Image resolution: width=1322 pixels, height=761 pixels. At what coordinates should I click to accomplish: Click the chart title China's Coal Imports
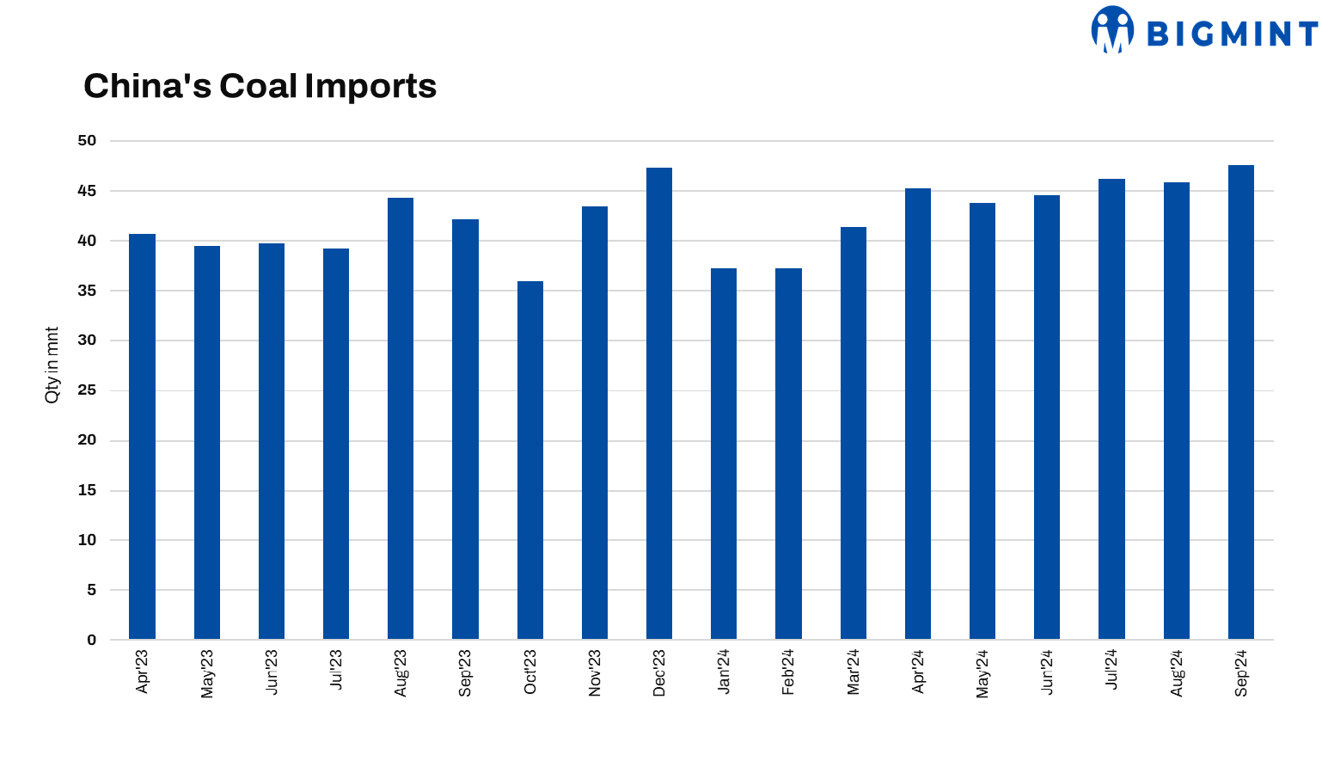pyautogui.click(x=260, y=86)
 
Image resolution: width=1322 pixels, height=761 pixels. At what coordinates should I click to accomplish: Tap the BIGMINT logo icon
pyautogui.click(x=1112, y=30)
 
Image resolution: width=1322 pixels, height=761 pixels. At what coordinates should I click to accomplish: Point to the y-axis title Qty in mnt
pyautogui.click(x=52, y=365)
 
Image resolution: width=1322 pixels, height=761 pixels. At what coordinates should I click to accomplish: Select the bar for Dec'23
pyautogui.click(x=659, y=403)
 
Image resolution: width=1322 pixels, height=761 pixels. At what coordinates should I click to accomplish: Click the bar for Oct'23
pyautogui.click(x=530, y=460)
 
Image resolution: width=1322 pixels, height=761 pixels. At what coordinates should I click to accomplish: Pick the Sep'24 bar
pyautogui.click(x=1241, y=402)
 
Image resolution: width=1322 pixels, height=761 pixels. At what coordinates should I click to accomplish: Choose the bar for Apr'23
pyautogui.click(x=142, y=436)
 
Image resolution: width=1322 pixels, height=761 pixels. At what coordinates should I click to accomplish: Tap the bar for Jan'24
pyautogui.click(x=724, y=453)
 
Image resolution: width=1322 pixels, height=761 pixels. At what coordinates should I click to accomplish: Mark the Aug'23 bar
pyautogui.click(x=401, y=418)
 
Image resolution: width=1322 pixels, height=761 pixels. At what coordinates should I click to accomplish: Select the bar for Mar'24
pyautogui.click(x=854, y=433)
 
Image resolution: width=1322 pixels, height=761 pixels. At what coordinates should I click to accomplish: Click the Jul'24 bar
pyautogui.click(x=1111, y=408)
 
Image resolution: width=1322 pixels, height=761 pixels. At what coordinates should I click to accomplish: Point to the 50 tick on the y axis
pyautogui.click(x=87, y=141)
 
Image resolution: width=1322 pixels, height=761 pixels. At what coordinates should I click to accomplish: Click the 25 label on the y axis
pyautogui.click(x=87, y=390)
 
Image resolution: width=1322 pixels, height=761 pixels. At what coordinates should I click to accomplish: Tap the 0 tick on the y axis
pyautogui.click(x=92, y=640)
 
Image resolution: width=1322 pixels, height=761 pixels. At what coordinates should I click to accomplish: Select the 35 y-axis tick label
pyautogui.click(x=87, y=291)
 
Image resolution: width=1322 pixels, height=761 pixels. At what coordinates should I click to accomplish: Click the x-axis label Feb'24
pyautogui.click(x=788, y=672)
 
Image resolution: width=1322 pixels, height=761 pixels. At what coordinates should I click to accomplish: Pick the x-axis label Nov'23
pyautogui.click(x=595, y=672)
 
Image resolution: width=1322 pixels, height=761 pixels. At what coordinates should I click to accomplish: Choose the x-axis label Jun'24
pyautogui.click(x=1047, y=672)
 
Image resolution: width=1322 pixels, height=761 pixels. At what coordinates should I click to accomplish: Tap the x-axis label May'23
pyautogui.click(x=207, y=673)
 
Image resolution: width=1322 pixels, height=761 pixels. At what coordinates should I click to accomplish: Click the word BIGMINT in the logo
pyautogui.click(x=1232, y=34)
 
